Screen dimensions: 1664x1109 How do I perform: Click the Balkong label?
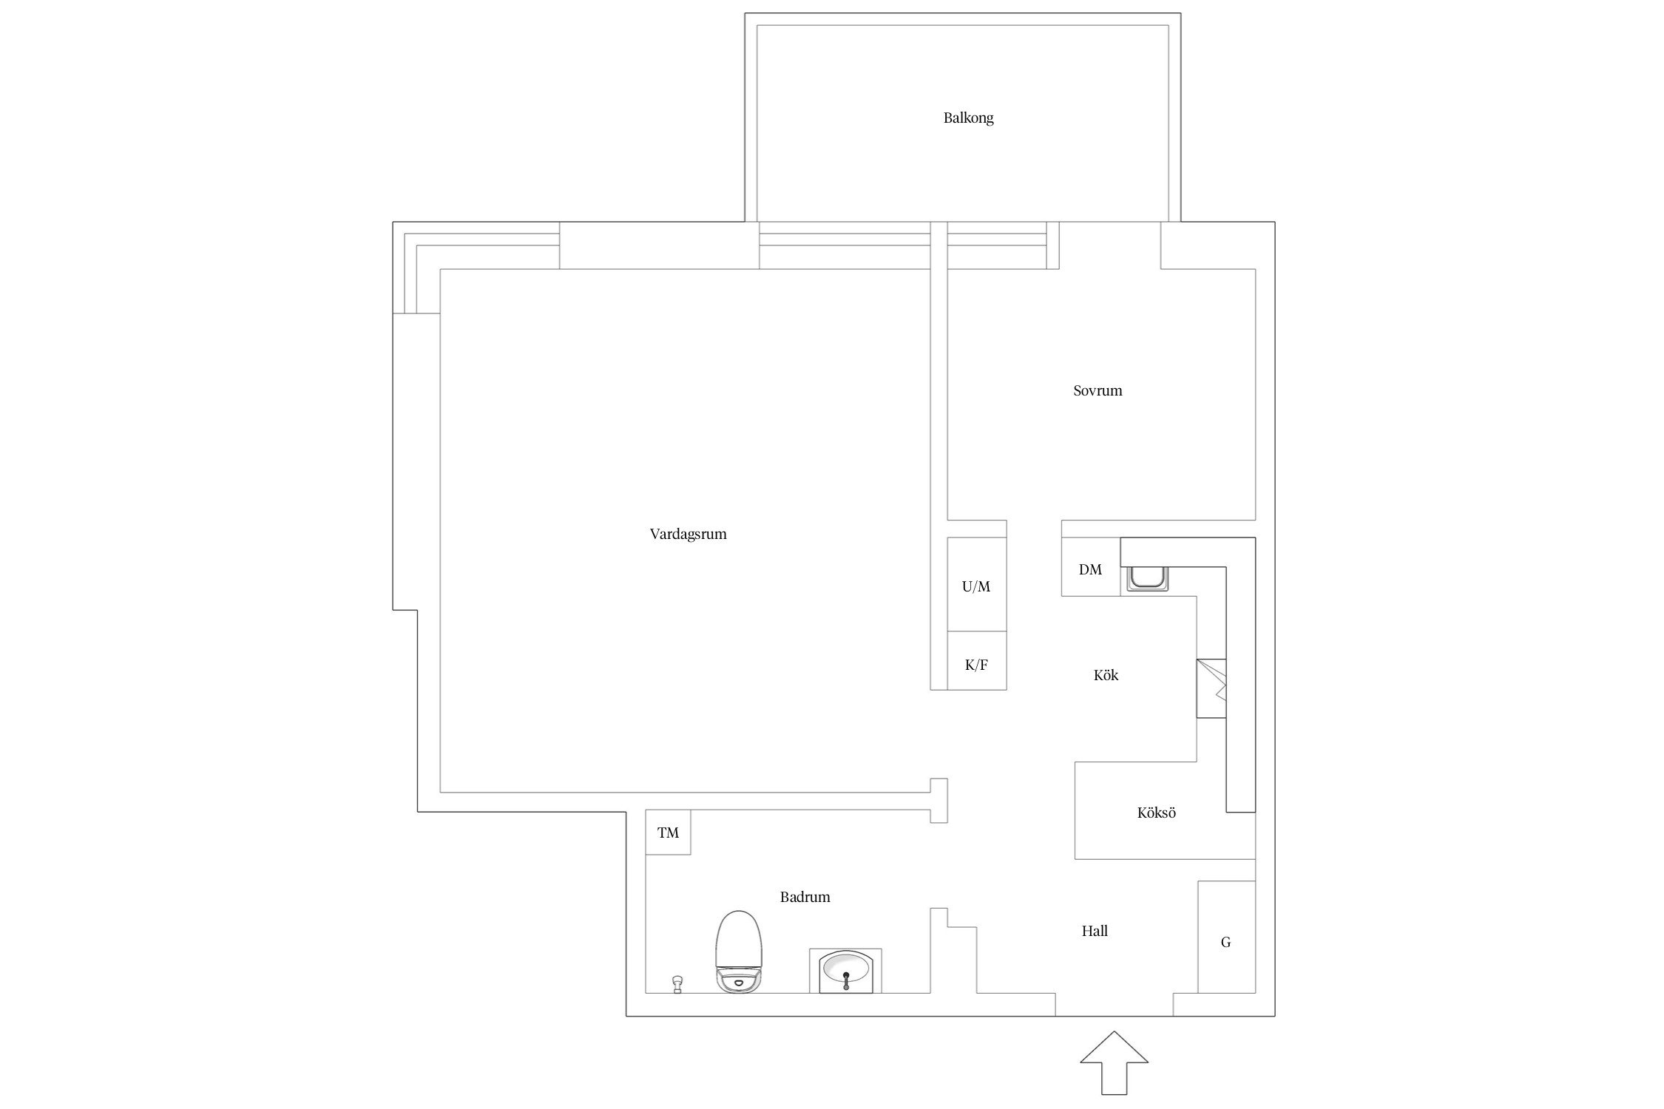click(968, 118)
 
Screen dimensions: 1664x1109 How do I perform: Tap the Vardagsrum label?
click(688, 535)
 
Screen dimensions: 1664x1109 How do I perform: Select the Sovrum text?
click(1098, 390)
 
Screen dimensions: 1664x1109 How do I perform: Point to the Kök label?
click(1106, 675)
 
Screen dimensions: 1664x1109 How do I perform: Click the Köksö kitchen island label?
click(1156, 813)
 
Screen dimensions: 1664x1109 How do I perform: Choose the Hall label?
click(1095, 932)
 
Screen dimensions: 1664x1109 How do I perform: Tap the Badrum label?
click(805, 898)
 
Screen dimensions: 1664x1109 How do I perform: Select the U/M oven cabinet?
click(977, 584)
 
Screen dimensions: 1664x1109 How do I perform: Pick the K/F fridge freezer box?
click(977, 661)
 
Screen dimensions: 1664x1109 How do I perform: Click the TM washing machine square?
click(668, 832)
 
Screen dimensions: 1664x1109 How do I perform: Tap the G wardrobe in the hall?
click(1226, 937)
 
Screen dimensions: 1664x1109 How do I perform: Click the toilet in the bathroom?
click(738, 951)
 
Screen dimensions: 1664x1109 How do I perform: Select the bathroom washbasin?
click(845, 971)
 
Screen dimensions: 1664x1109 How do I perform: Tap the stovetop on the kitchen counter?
click(1211, 688)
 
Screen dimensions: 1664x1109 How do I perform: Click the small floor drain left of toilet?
click(676, 984)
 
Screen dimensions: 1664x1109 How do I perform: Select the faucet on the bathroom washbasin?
click(845, 980)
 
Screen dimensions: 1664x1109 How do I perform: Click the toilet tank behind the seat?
click(738, 982)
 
